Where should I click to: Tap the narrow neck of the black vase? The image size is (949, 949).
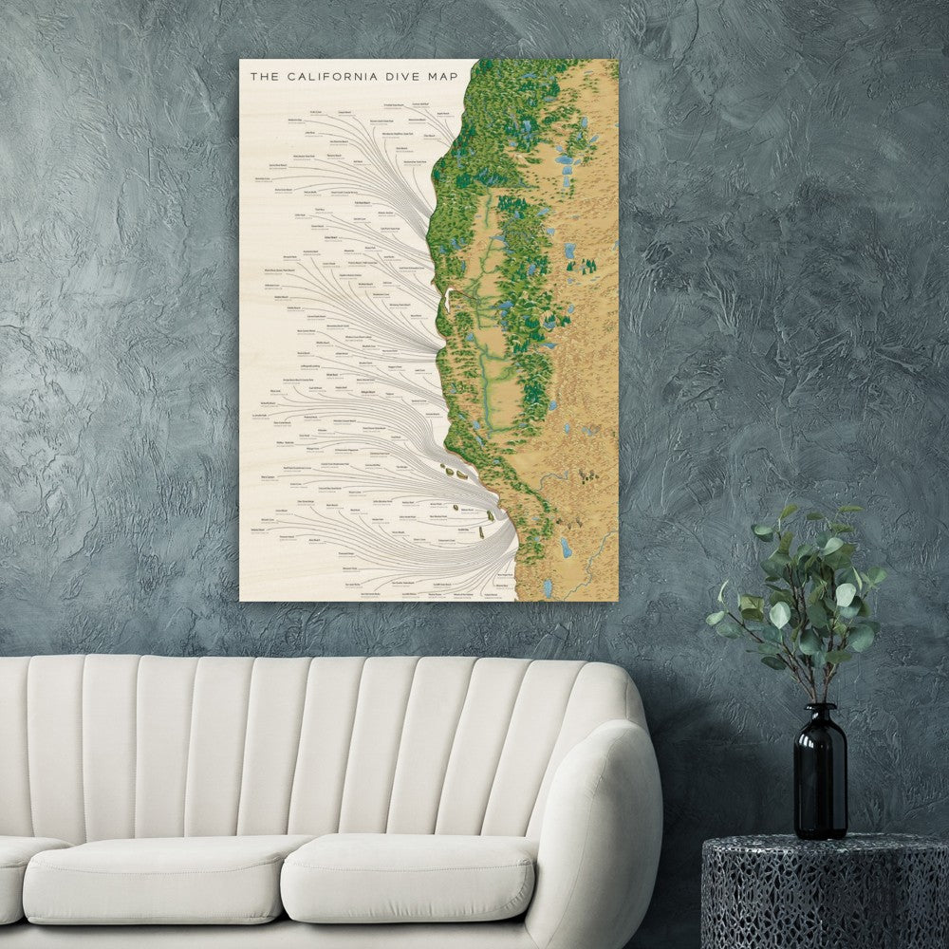coord(820,716)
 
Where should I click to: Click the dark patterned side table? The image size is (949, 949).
coord(826,892)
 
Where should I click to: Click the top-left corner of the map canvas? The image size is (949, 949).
coord(240,61)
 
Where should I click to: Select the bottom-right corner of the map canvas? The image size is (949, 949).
coord(618,601)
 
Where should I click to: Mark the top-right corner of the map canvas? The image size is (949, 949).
coord(618,61)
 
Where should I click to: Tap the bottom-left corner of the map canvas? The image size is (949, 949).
coord(240,601)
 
